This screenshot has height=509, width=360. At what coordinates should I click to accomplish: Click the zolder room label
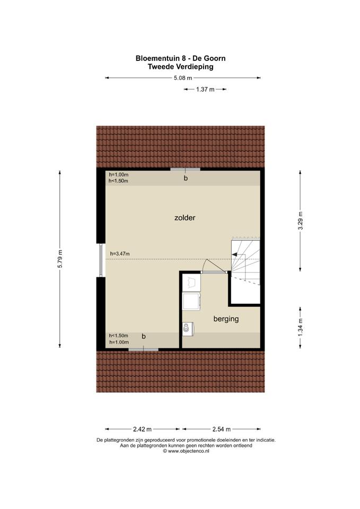click(185, 218)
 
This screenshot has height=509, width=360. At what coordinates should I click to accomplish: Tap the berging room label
click(226, 319)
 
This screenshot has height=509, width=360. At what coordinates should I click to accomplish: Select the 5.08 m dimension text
click(183, 78)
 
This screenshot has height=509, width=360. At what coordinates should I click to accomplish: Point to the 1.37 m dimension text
click(205, 89)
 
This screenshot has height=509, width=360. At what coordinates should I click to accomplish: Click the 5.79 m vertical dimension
click(60, 259)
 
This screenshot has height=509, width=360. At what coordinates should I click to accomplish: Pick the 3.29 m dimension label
click(300, 221)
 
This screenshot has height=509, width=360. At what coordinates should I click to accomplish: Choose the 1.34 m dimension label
click(300, 327)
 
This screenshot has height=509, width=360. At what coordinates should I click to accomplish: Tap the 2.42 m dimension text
click(143, 429)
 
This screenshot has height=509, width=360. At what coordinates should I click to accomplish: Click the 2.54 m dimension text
click(222, 429)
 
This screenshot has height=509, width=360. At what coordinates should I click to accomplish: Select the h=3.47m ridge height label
click(120, 254)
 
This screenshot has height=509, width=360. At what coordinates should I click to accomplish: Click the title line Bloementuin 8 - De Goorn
click(180, 58)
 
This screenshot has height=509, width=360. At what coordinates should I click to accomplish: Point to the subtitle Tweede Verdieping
click(180, 67)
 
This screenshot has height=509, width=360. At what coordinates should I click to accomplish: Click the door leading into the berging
click(214, 273)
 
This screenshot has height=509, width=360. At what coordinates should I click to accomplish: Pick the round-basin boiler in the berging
click(188, 328)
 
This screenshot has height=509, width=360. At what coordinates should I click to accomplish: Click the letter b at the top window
click(186, 178)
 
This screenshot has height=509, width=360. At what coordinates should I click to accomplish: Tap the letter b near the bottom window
click(144, 337)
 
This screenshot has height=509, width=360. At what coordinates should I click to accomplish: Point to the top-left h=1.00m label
click(118, 175)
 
